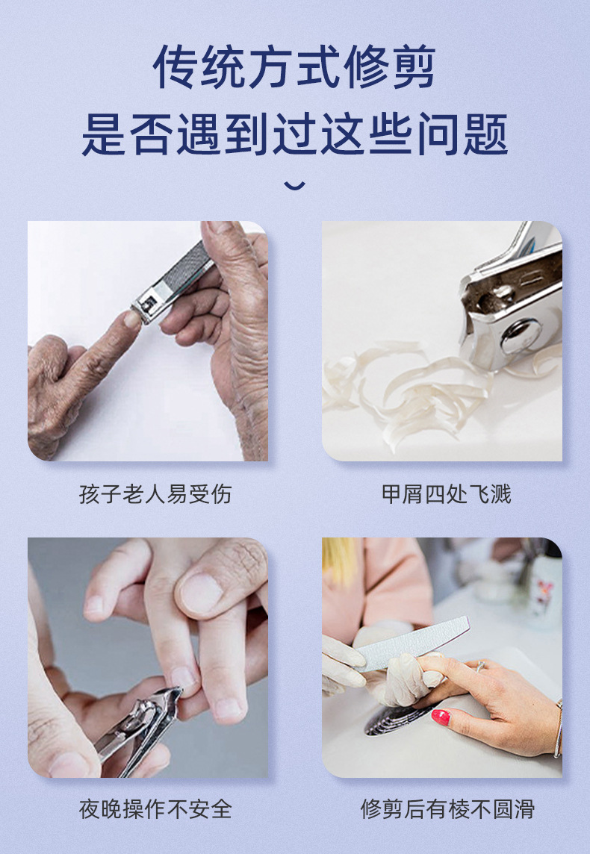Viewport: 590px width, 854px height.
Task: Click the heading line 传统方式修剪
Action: (x=294, y=68)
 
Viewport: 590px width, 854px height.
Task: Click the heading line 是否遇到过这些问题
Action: (x=294, y=134)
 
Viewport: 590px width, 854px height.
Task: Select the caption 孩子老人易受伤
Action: (x=155, y=494)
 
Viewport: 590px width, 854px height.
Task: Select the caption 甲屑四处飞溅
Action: (x=446, y=494)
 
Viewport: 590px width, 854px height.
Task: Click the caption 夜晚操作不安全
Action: (x=155, y=808)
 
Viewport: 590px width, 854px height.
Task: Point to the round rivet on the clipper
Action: (x=520, y=336)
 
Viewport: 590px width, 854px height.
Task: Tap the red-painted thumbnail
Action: (x=440, y=718)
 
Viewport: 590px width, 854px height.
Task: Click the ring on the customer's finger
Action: (x=480, y=666)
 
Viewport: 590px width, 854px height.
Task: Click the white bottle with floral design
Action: (x=544, y=590)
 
